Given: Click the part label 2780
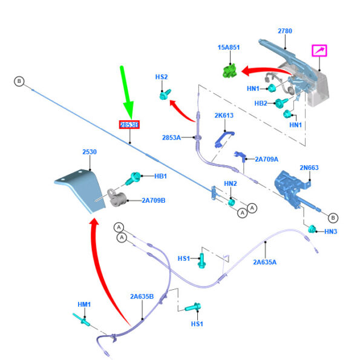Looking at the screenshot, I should pyautogui.click(x=285, y=31).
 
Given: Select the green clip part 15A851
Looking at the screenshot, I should pyautogui.click(x=228, y=70).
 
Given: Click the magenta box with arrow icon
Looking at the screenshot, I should pyautogui.click(x=319, y=50).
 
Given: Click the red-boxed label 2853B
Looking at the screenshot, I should pyautogui.click(x=129, y=125).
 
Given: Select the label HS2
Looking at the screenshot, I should pyautogui.click(x=162, y=77).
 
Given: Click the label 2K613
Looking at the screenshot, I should pyautogui.click(x=223, y=115).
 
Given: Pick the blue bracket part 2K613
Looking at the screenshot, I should pyautogui.click(x=222, y=137).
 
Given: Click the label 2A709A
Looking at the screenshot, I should pyautogui.click(x=266, y=159).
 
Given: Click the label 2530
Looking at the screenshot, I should pyautogui.click(x=90, y=152).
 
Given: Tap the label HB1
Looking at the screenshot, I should pyautogui.click(x=160, y=177).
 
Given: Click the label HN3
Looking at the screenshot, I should pyautogui.click(x=331, y=231).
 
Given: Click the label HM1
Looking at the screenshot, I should pyautogui.click(x=84, y=304).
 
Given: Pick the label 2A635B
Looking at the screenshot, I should pyautogui.click(x=142, y=296).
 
